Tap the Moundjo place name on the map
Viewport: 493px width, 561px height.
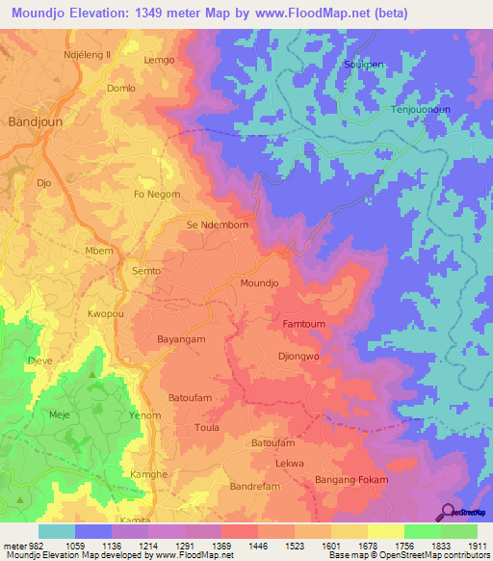[x=258, y=283]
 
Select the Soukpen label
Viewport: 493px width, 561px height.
[x=363, y=66]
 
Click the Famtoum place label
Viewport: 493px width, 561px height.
[x=303, y=325]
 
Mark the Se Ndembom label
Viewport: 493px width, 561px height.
[x=218, y=225]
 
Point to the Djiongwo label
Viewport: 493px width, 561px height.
[x=298, y=357]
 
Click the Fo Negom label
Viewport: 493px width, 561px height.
[x=156, y=194]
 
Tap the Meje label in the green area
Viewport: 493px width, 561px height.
[x=60, y=414]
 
